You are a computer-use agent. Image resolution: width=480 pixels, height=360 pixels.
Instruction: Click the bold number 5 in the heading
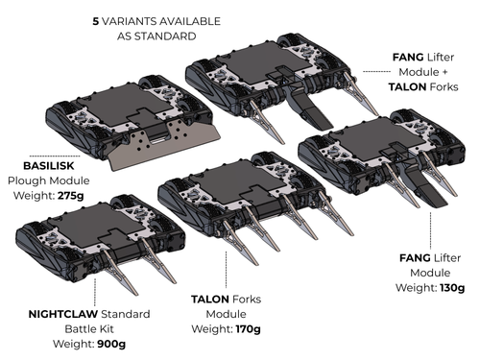coord(94,19)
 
